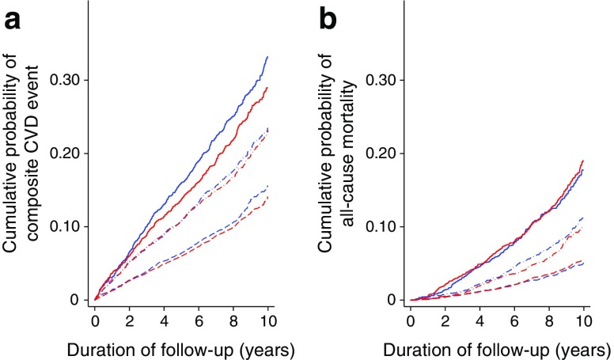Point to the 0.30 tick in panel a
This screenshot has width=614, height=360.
click(66, 80)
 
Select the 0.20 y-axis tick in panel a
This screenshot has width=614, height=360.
click(66, 153)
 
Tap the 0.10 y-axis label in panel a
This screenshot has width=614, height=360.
click(66, 226)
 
